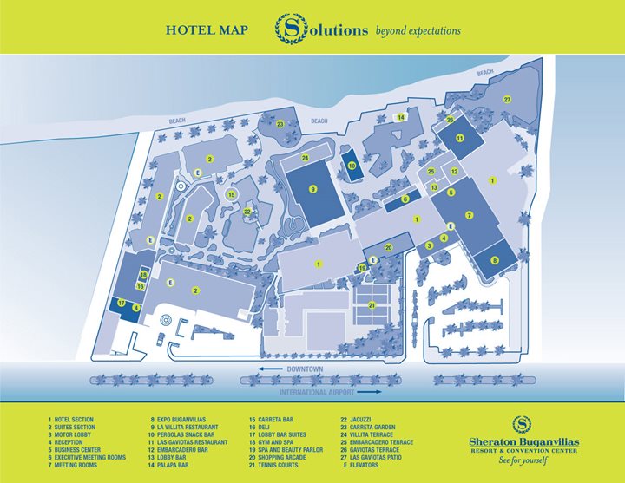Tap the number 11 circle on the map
(459, 138)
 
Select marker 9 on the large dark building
(312, 189)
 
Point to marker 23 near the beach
(280, 124)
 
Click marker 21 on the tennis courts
(372, 304)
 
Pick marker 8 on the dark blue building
(495, 259)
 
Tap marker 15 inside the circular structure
(231, 195)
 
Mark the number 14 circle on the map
(401, 117)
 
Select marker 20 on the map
(389, 248)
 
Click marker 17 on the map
(122, 303)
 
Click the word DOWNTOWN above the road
(304, 369)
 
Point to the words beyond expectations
(418, 31)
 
